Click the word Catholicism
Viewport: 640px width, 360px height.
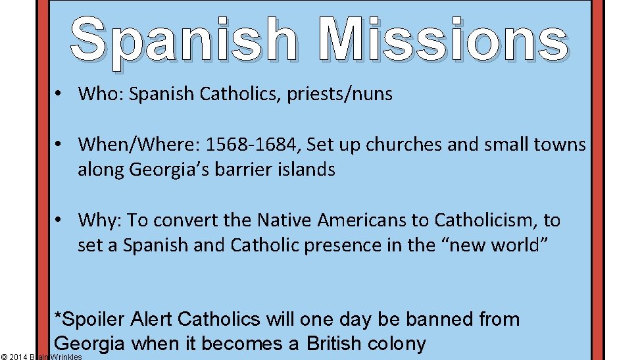[x=462, y=219]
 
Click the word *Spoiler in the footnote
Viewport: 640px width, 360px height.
[x=90, y=320]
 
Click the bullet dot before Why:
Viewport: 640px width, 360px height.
[x=59, y=220]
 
